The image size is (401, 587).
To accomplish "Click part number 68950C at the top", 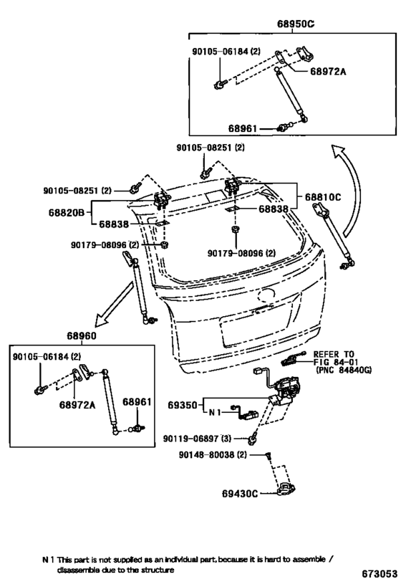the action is point(296,24).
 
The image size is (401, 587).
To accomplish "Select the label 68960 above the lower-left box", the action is point(82,336).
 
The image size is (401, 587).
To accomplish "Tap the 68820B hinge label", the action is point(66,213).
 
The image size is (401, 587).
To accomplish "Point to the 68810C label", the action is point(323,197).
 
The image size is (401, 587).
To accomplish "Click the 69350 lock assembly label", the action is point(182,405).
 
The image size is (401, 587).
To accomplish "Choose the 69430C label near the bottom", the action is point(240,494).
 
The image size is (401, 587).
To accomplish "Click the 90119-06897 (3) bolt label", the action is point(197,438).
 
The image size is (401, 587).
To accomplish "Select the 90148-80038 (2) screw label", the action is point(213,454).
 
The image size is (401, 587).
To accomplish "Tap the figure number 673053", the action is point(380,574).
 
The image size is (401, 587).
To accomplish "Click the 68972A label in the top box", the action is point(328,71).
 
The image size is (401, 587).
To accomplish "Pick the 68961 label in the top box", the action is point(243,128).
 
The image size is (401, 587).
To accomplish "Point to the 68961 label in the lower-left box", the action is point(137,401).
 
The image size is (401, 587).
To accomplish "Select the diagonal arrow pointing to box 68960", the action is point(114,304).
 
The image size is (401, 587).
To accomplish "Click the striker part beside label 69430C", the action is point(285,490).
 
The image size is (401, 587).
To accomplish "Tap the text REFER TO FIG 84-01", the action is point(336,358).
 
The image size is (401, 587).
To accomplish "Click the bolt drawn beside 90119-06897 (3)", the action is point(253,437).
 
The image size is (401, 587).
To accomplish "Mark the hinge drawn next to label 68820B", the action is point(163,199).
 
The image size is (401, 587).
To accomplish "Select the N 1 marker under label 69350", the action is point(214,413).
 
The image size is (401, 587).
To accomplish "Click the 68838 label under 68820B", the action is point(114,224).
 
